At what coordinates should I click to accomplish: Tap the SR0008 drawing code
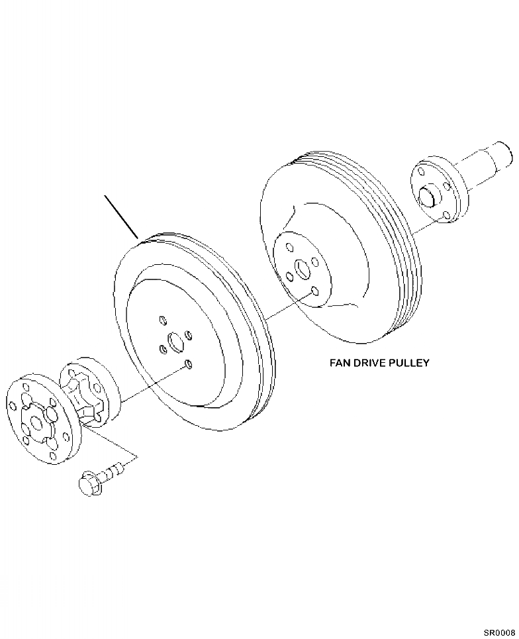(x=498, y=633)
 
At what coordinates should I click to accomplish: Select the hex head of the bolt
(x=88, y=482)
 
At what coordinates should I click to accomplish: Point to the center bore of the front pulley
(x=175, y=342)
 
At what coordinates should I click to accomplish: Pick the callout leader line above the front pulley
(x=120, y=216)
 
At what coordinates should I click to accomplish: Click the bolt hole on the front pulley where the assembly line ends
(x=189, y=364)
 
